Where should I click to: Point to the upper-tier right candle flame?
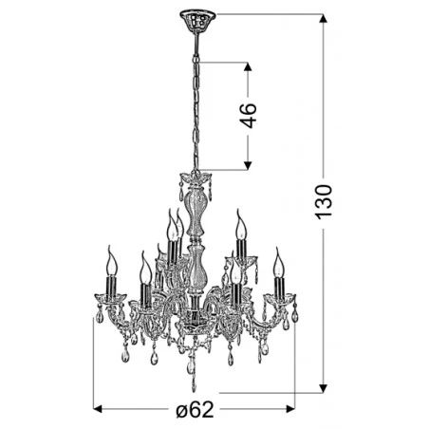tap(240, 226)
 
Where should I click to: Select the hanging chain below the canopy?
tap(196, 95)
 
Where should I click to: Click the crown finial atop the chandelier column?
tap(195, 179)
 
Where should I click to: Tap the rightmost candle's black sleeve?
tap(280, 285)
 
